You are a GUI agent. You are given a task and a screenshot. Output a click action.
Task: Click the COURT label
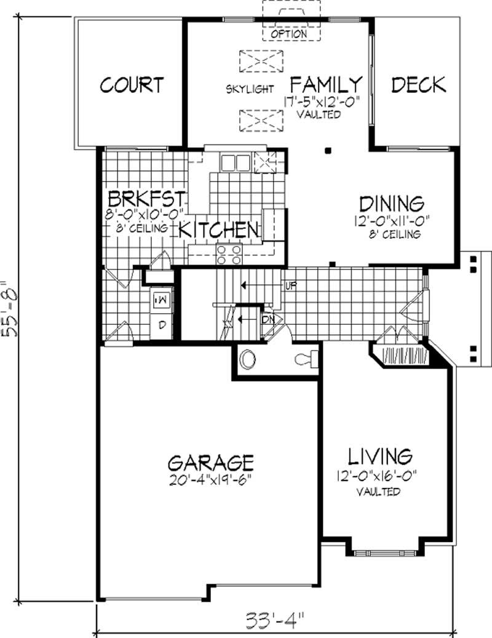(x=132, y=85)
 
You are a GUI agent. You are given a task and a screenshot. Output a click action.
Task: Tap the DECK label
(x=419, y=85)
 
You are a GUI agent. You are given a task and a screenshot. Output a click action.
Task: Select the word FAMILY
(x=326, y=85)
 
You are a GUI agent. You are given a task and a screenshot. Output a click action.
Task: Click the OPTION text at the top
(x=288, y=34)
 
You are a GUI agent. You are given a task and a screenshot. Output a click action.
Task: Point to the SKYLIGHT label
(x=250, y=89)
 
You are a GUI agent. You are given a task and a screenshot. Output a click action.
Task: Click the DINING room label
(x=392, y=204)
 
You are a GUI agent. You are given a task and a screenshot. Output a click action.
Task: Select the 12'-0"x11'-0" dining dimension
(x=392, y=221)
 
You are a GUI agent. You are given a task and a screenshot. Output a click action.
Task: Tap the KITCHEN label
(x=219, y=230)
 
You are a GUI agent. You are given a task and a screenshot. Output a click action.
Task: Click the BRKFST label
(x=147, y=199)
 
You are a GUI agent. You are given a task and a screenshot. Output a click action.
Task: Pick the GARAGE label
(x=210, y=463)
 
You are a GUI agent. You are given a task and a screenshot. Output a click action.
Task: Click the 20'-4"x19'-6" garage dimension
(x=210, y=480)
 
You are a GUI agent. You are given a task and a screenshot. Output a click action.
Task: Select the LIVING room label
(x=380, y=457)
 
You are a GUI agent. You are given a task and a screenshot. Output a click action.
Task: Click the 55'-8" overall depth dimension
(x=10, y=308)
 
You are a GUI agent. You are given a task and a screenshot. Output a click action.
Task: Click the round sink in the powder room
(x=248, y=360)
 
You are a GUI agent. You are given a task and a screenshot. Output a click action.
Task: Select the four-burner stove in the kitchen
(x=229, y=254)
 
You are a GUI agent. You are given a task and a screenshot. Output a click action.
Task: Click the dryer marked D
(x=162, y=325)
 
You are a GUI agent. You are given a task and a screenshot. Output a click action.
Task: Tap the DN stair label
(x=268, y=320)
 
